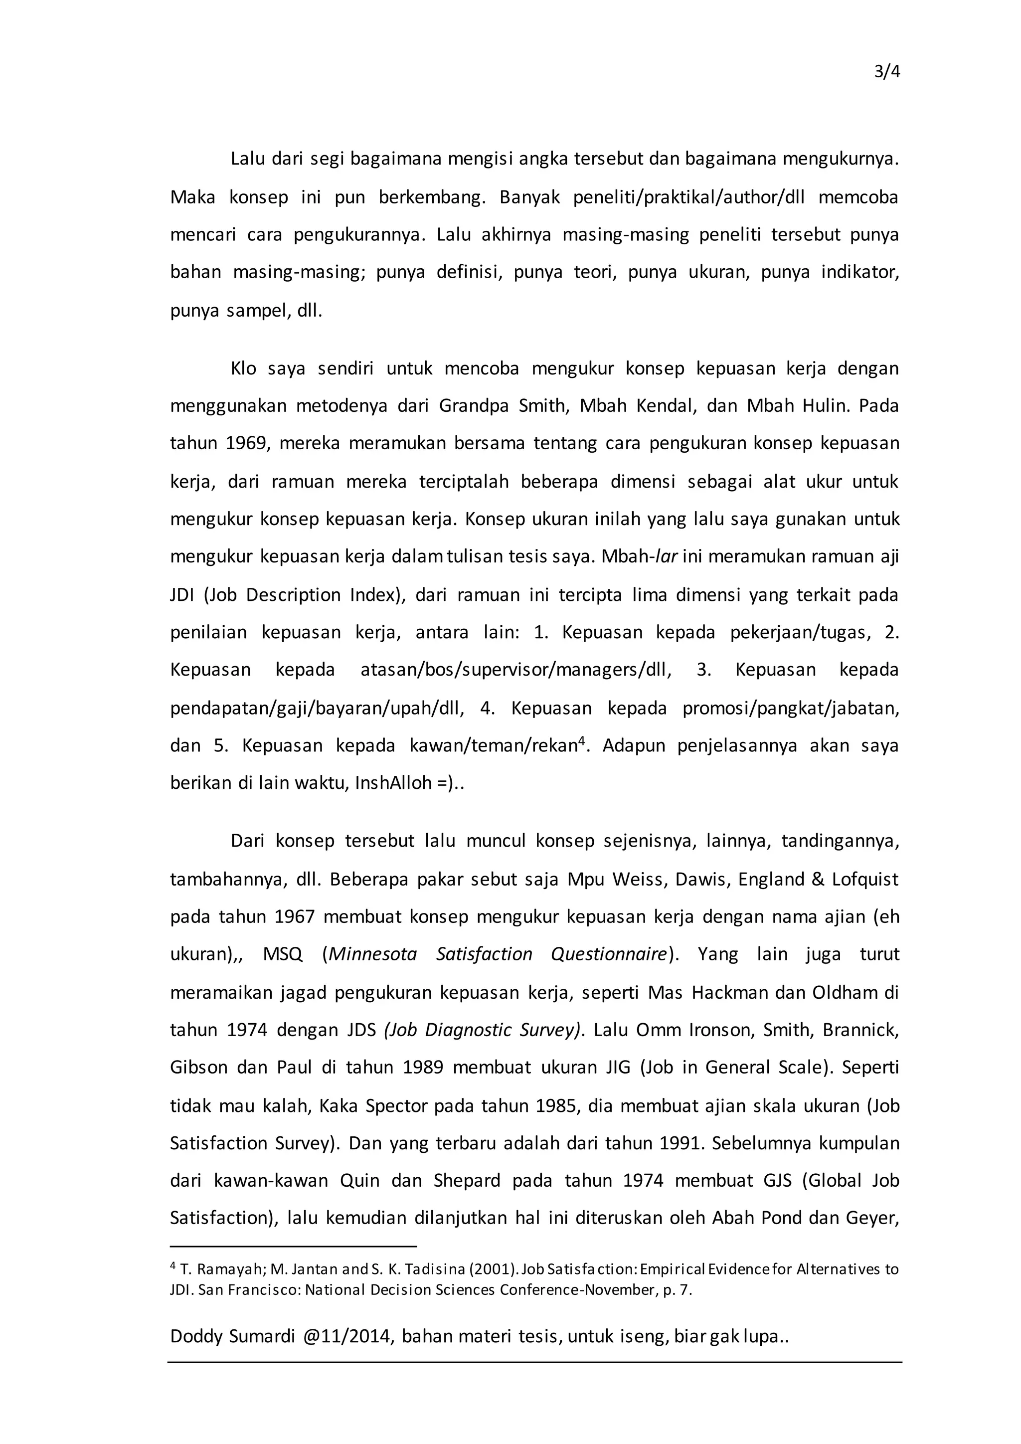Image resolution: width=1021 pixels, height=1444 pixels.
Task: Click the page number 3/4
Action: point(887,72)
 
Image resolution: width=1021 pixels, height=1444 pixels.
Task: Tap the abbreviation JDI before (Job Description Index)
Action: point(182,595)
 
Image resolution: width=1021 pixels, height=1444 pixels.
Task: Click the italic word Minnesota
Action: point(373,954)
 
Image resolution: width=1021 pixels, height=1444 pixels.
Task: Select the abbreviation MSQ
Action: point(283,954)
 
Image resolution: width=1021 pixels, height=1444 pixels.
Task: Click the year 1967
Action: point(295,916)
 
